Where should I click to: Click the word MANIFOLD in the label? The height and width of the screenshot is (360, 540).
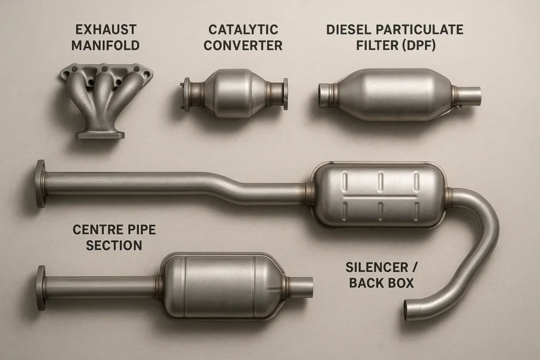[105, 45]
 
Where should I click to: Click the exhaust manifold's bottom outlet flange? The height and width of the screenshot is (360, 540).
[100, 134]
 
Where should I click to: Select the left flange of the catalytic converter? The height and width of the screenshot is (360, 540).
[186, 94]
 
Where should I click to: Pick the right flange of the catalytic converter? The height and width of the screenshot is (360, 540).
[285, 94]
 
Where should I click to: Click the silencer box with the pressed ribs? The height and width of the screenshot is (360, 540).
[378, 194]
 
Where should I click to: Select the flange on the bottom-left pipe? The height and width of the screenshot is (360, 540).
[41, 288]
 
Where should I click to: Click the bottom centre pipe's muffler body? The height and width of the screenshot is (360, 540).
[221, 286]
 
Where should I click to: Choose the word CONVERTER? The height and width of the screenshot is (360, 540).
[243, 45]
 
